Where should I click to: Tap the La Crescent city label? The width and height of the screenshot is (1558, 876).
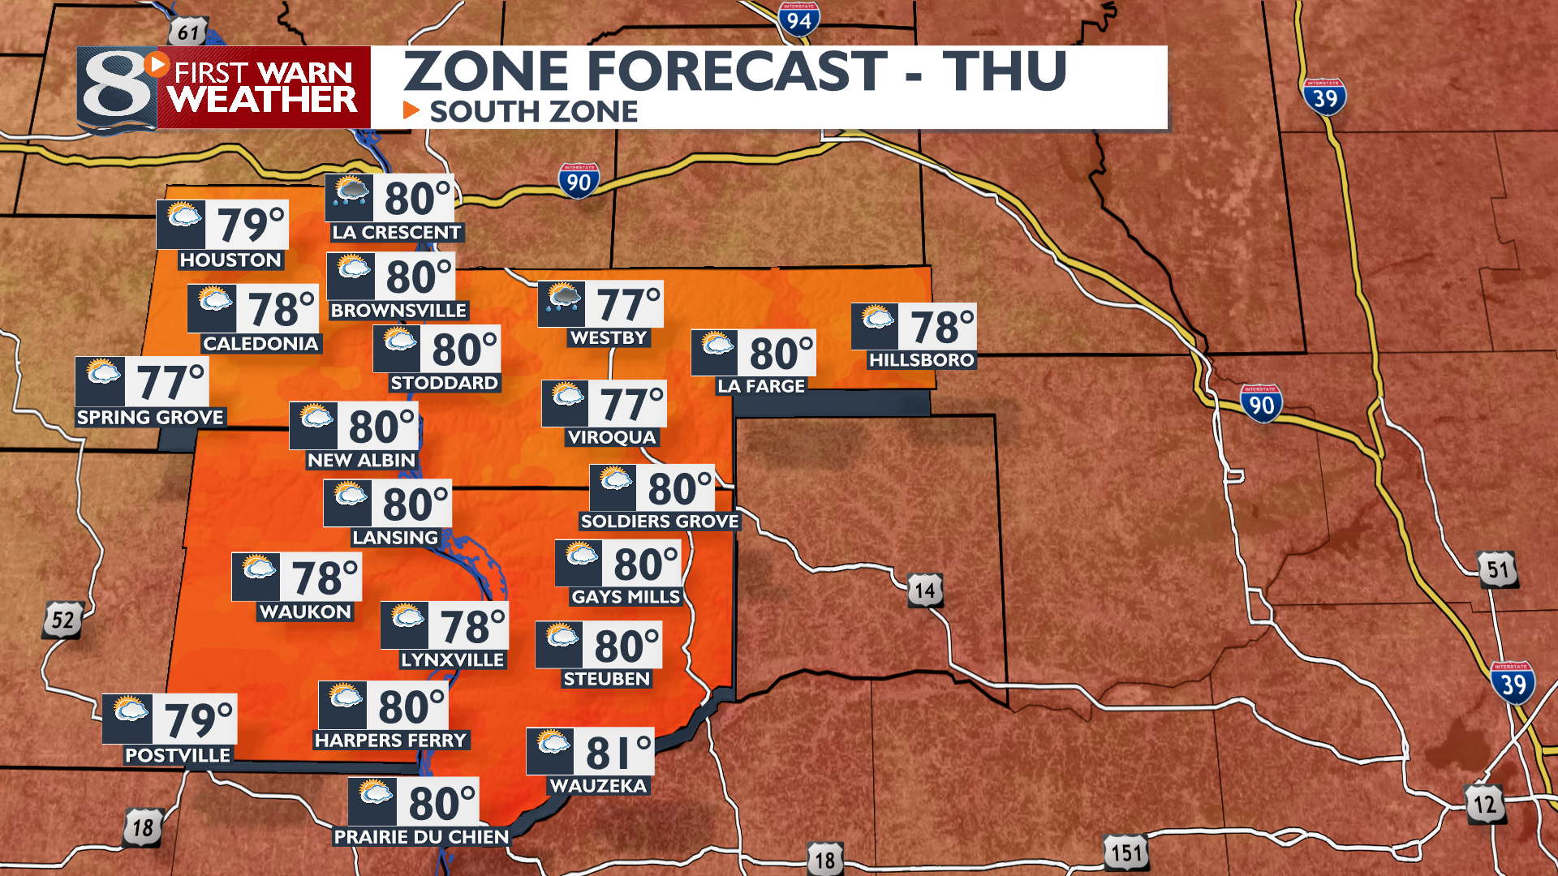[x=396, y=233]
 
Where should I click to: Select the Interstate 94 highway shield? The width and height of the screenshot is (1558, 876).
[x=798, y=19]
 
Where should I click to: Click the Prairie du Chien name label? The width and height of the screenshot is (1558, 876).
[x=421, y=837]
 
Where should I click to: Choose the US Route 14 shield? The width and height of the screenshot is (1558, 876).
[x=925, y=590]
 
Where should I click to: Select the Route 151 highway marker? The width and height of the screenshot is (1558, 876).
[x=1126, y=852]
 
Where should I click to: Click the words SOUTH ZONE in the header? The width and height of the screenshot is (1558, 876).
[x=533, y=112]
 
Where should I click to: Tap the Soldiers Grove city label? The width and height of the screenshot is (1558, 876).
[x=660, y=522]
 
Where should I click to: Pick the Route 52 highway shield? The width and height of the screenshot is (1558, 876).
[x=62, y=620]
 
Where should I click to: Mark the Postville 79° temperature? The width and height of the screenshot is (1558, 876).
[x=198, y=719]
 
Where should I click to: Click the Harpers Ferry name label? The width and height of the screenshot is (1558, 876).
[x=391, y=741]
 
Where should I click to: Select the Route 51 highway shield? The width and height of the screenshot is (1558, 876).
[x=1497, y=569]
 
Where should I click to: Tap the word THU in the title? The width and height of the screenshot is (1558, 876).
[x=1005, y=71]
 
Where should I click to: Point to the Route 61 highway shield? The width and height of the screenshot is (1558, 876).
[x=188, y=32]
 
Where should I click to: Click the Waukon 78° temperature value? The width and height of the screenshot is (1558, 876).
[x=325, y=578]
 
